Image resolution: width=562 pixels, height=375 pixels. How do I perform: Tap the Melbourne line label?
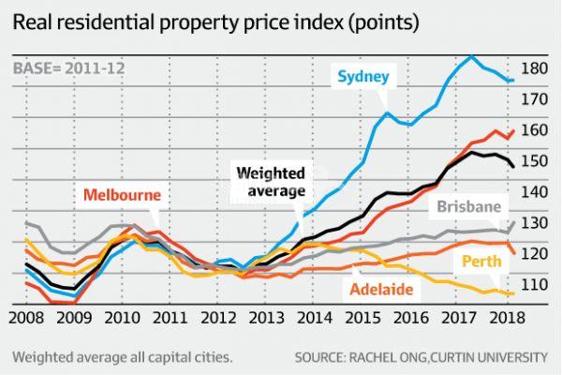(x=122, y=196)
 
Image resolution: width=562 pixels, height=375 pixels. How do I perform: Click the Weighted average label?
(x=270, y=181)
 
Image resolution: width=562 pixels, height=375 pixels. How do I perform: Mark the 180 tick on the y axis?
(x=532, y=68)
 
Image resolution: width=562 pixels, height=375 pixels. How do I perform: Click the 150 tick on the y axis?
(x=532, y=161)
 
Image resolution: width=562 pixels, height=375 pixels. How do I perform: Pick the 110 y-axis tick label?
(x=532, y=283)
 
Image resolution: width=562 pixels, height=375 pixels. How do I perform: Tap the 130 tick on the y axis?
(x=532, y=222)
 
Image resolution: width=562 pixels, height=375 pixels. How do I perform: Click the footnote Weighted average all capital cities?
(x=122, y=357)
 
